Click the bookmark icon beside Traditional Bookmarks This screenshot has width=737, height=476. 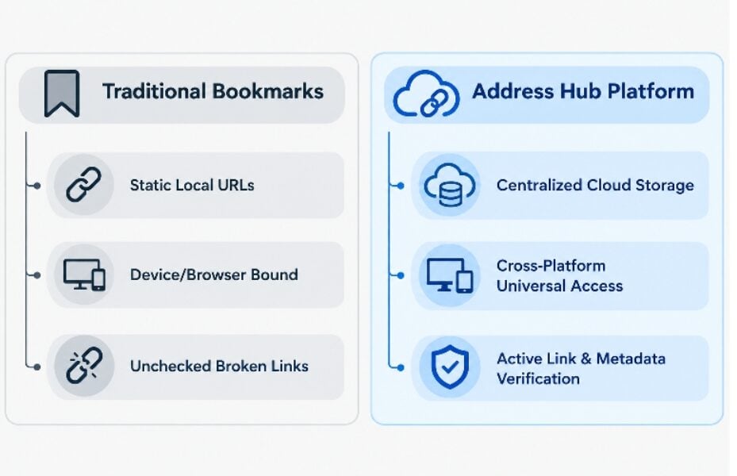coord(62,93)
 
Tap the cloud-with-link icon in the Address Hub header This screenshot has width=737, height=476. coord(426,94)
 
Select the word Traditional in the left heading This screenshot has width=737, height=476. coord(154,91)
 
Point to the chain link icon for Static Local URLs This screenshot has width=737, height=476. coord(83,184)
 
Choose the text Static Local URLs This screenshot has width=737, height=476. coord(192,185)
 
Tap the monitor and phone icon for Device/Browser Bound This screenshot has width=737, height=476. coord(84,274)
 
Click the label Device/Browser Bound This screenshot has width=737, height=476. coord(214,274)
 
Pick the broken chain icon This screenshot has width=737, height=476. coord(84,366)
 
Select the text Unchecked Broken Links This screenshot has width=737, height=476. coord(219,366)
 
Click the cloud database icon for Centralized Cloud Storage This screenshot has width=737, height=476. coord(449,185)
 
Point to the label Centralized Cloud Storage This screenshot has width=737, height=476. coord(595,185)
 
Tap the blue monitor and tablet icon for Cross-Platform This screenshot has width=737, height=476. coord(450,275)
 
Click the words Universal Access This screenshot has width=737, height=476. coord(559,286)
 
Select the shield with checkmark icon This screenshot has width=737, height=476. coord(450,367)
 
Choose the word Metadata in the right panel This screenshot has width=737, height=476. coord(631,359)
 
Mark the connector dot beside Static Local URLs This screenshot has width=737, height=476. coord(37,186)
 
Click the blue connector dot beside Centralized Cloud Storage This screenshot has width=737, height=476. coord(401,186)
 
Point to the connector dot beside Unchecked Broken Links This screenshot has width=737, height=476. coord(37,367)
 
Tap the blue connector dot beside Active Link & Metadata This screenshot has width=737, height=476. coord(401,367)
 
